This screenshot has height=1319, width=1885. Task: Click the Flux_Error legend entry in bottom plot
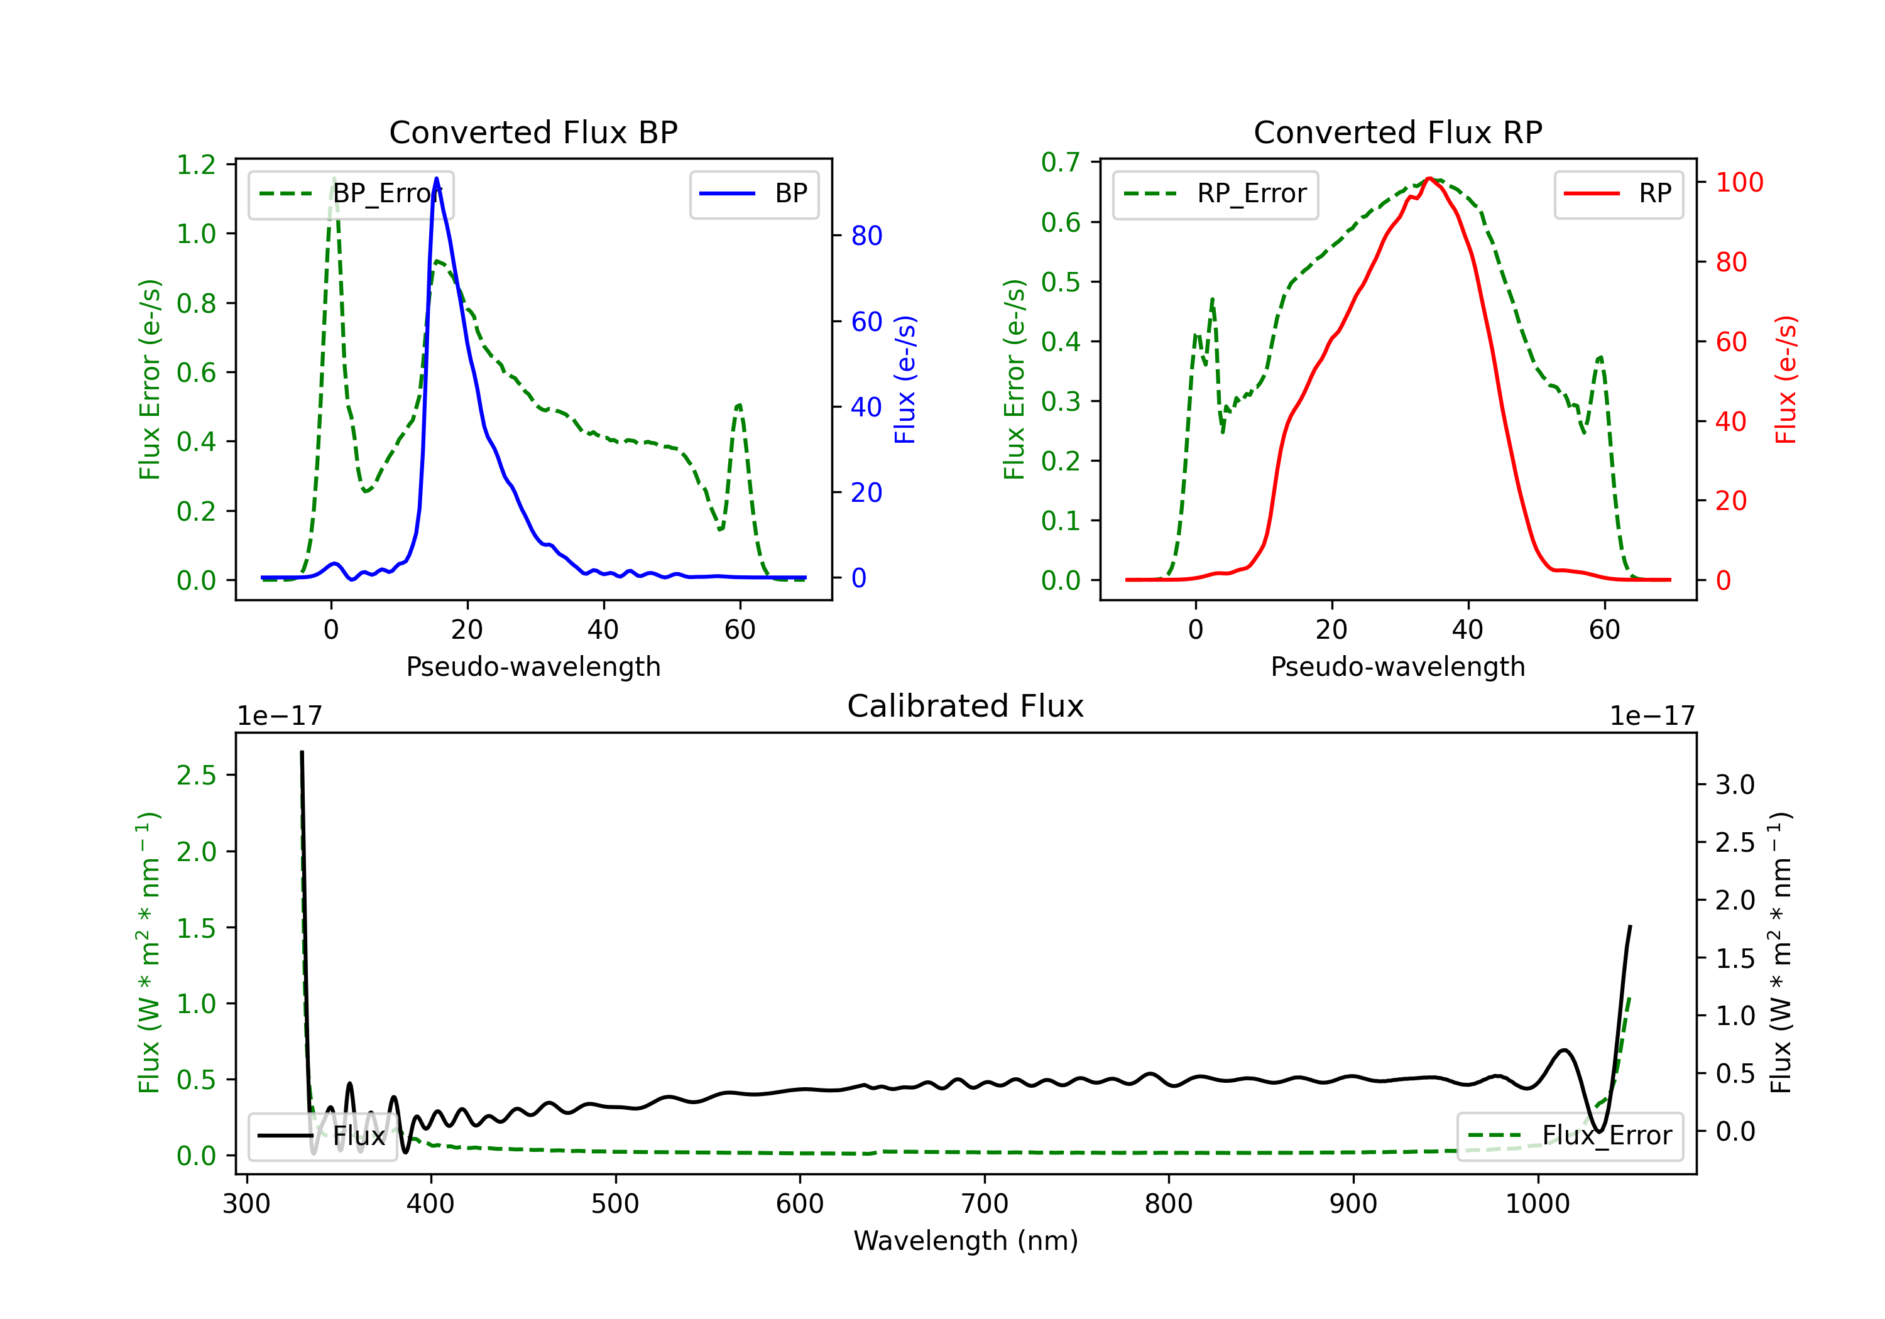(1569, 1136)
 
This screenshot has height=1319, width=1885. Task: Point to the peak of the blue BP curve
(436, 178)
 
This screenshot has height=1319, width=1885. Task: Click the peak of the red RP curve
(1429, 178)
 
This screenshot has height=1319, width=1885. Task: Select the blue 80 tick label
(866, 236)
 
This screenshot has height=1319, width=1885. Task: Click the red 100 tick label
(1739, 182)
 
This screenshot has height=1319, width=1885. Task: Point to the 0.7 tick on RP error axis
(1060, 163)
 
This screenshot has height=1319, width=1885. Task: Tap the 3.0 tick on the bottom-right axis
(1734, 784)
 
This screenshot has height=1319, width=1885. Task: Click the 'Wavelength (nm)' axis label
(966, 1240)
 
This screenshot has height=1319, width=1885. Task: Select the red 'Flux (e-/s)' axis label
(1786, 380)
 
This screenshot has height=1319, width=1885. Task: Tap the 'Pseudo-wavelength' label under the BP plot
(533, 666)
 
